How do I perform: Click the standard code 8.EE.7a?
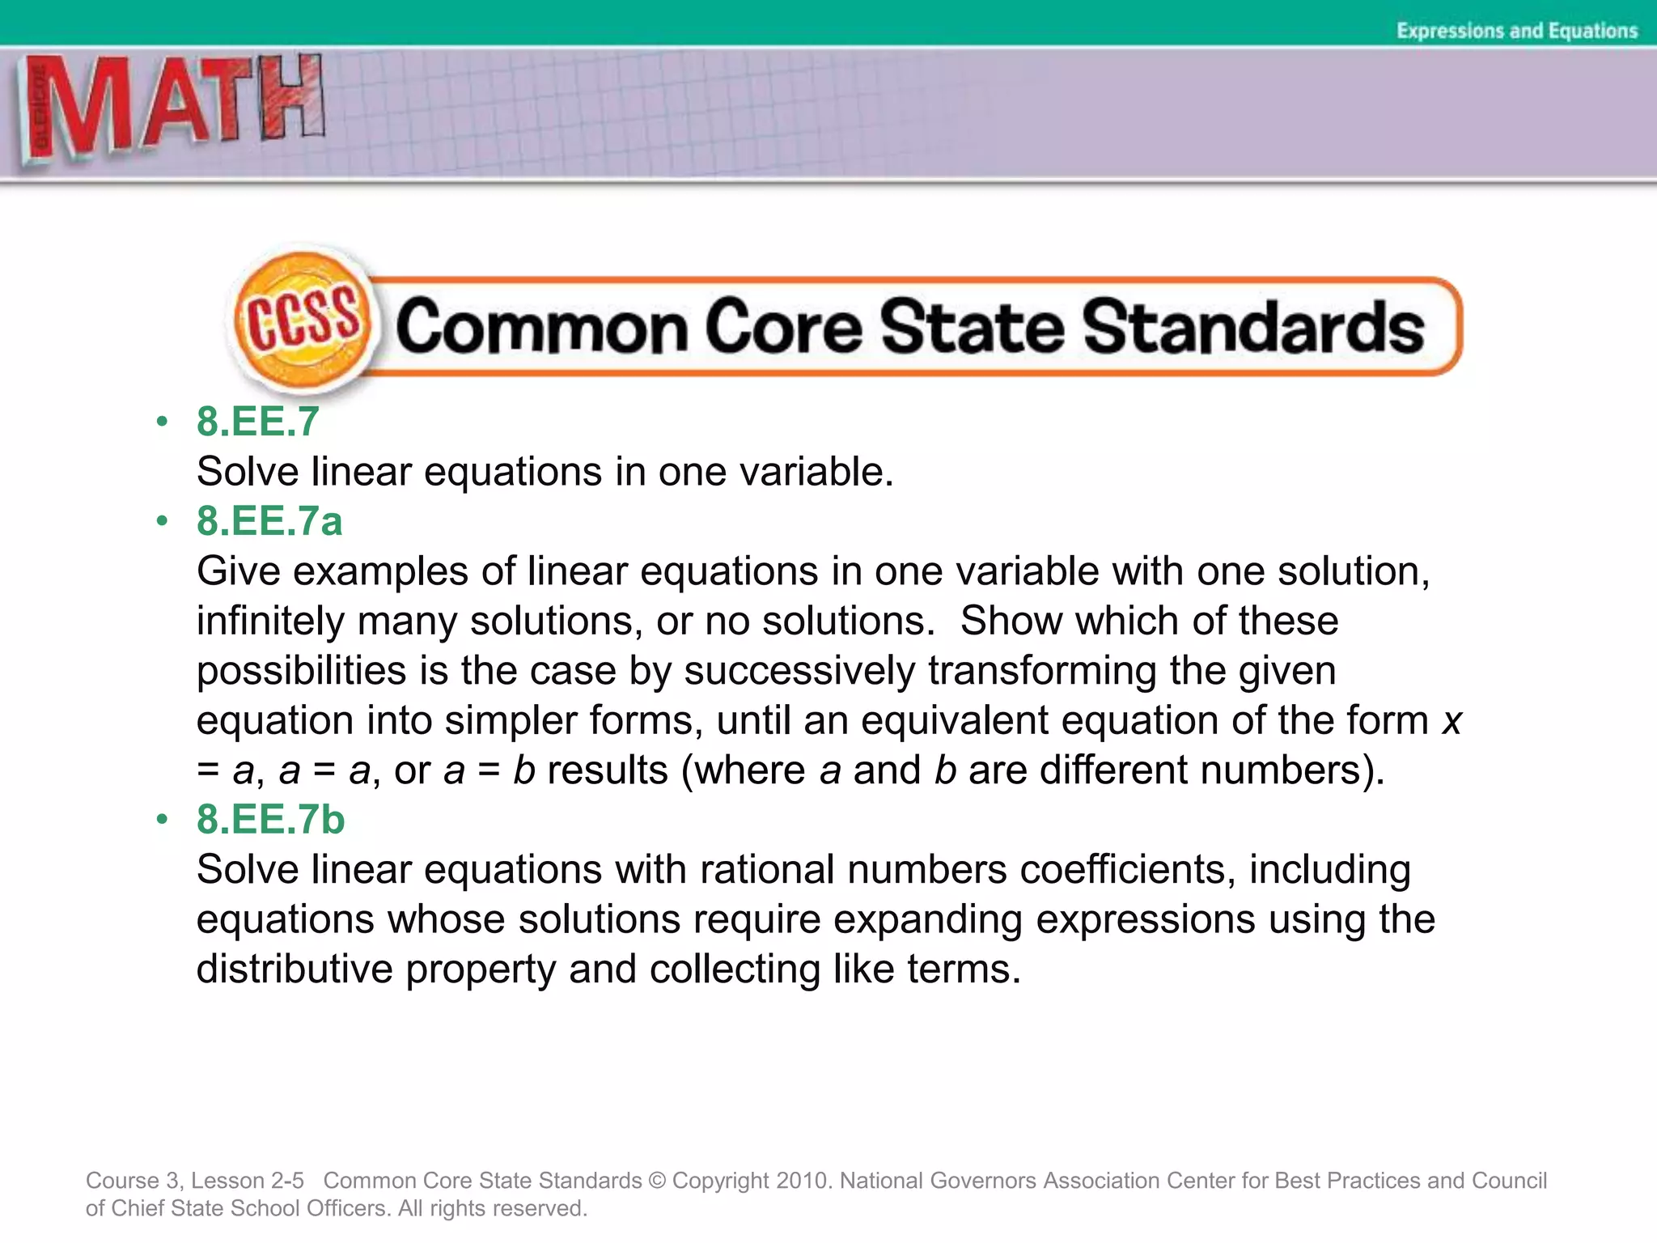pyautogui.click(x=269, y=520)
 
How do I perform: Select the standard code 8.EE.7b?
pyautogui.click(x=270, y=820)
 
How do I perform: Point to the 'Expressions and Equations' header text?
pyautogui.click(x=1517, y=31)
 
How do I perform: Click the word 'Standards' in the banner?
pyautogui.click(x=1253, y=327)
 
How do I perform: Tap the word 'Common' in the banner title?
pyautogui.click(x=541, y=327)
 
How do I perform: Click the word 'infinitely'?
pyautogui.click(x=270, y=621)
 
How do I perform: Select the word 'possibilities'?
pyautogui.click(x=302, y=672)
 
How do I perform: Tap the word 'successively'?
pyautogui.click(x=799, y=672)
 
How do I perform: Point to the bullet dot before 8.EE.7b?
pyautogui.click(x=163, y=819)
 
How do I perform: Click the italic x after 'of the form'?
pyautogui.click(x=1451, y=721)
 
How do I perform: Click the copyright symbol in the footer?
pyautogui.click(x=656, y=1181)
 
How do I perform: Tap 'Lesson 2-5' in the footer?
pyautogui.click(x=247, y=1181)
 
